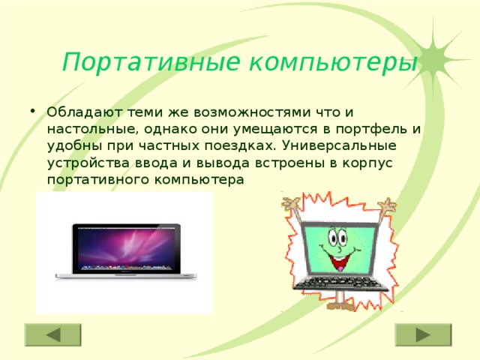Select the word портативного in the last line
93,180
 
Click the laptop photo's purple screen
127,248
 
